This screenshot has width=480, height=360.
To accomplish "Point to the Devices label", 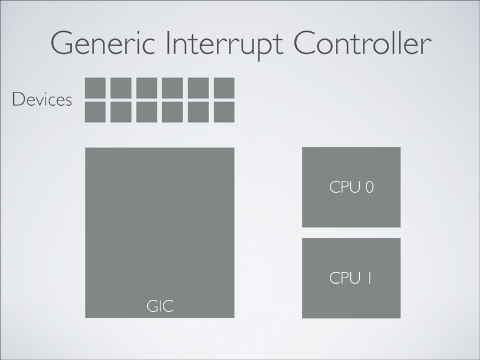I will point(41,100).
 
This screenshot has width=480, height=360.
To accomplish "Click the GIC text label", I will point(160,306).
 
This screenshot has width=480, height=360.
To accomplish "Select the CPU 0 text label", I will point(351,188).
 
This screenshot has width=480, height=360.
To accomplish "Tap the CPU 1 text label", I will point(351,278).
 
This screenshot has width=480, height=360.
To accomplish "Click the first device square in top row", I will point(96,88).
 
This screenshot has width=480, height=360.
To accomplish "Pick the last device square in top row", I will point(224,88).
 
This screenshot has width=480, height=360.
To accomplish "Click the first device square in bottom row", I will point(96,112).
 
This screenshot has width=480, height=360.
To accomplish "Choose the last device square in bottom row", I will point(224,112).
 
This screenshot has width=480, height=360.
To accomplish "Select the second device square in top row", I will point(121,88).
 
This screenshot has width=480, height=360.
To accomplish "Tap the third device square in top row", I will point(147,88).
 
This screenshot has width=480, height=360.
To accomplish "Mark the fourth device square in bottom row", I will point(172,112).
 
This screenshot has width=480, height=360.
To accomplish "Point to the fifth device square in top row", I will point(198,88).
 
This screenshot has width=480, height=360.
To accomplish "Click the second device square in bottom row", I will point(121,112).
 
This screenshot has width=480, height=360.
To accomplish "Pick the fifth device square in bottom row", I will point(198,112).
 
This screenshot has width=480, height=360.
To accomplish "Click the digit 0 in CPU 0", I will point(369,188).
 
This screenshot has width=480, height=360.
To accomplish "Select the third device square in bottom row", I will point(147,112).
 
